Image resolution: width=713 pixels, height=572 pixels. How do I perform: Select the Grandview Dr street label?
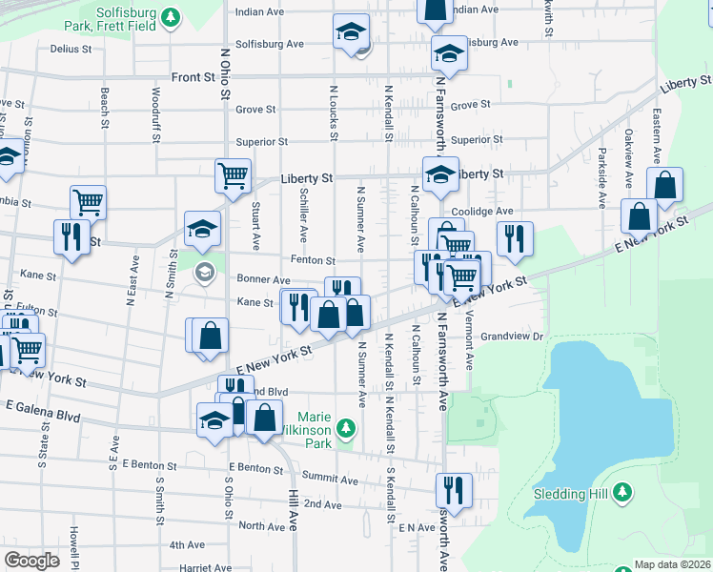tap(511, 337)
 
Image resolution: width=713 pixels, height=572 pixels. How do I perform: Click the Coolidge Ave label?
tap(483, 211)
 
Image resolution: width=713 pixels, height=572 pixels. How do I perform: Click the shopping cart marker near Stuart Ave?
tap(233, 175)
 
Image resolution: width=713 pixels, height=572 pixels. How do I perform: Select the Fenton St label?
tap(313, 260)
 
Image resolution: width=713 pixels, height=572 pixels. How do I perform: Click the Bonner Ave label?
tap(262, 280)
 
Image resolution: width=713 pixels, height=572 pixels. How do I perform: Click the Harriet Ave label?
tap(200, 567)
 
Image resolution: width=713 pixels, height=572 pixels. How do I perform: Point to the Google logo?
tap(31, 561)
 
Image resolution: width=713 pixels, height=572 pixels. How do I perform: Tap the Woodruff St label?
tap(155, 114)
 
